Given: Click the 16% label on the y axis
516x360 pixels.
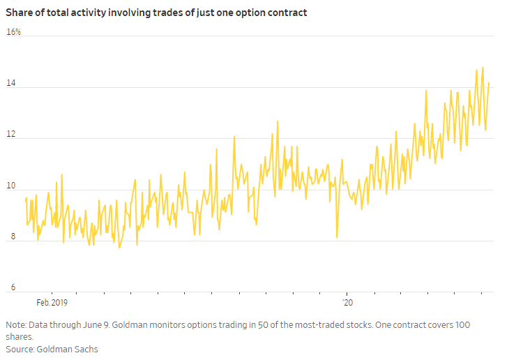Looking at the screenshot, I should coord(13,32).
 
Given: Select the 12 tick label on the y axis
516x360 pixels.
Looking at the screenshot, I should coord(10,135).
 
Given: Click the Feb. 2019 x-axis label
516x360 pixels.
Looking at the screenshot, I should coord(52,303).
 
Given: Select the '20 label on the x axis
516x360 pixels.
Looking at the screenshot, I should coord(347,303).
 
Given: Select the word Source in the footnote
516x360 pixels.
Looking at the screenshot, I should coord(20,349).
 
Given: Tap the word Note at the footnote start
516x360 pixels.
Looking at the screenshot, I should coord(16,325).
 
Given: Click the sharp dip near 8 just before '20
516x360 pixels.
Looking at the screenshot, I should coord(337,237).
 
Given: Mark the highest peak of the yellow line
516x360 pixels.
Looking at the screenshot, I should coord(483,68).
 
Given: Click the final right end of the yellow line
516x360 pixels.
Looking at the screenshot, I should coord(489,83).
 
